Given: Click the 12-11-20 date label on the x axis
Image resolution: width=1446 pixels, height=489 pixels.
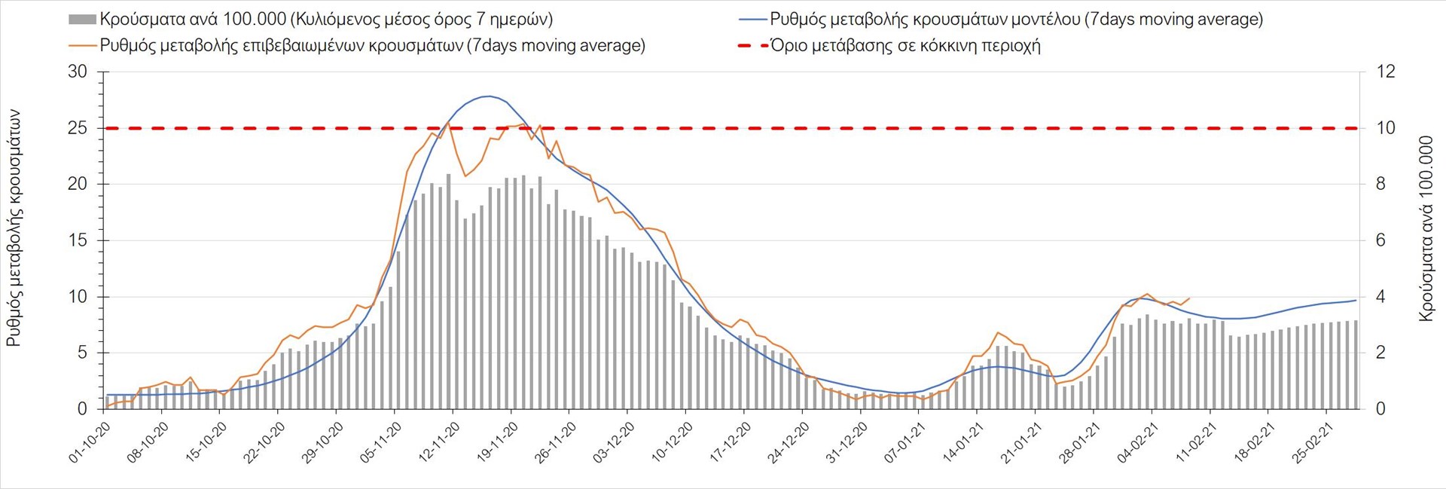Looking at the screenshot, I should click(441, 441).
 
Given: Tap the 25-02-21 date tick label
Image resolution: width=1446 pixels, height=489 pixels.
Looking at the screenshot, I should click(1315, 441).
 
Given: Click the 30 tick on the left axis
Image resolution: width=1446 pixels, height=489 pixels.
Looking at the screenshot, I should click(78, 72).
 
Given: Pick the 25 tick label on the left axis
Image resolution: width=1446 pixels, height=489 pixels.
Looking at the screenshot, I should click(78, 128).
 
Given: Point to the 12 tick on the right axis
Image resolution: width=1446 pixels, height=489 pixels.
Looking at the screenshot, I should click(1386, 72).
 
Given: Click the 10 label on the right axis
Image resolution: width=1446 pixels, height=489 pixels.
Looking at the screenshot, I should click(1386, 128).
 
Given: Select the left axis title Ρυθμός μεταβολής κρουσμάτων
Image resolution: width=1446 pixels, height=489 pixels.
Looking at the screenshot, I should click(14, 228).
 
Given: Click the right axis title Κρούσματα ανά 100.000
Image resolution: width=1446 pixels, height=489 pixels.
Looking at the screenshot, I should click(1426, 228).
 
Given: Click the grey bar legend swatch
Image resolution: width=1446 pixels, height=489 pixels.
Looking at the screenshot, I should click(82, 20).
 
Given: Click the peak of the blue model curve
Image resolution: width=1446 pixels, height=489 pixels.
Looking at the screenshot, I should click(489, 96).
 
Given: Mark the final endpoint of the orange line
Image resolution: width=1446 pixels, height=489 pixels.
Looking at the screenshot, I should click(1189, 298).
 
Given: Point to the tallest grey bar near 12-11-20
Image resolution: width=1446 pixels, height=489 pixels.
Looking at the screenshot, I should click(448, 175).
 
